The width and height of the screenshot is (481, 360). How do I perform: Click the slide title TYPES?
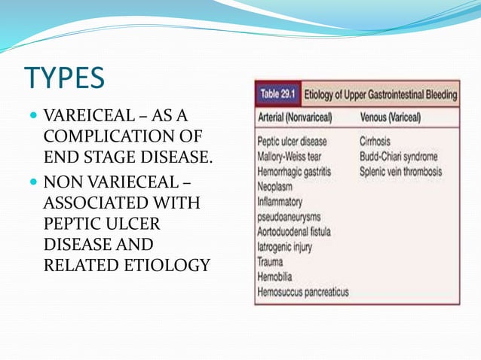pyautogui.click(x=66, y=78)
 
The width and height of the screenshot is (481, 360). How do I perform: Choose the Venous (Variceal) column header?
pyautogui.click(x=391, y=118)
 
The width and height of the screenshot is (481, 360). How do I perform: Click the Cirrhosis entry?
pyautogui.click(x=379, y=142)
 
